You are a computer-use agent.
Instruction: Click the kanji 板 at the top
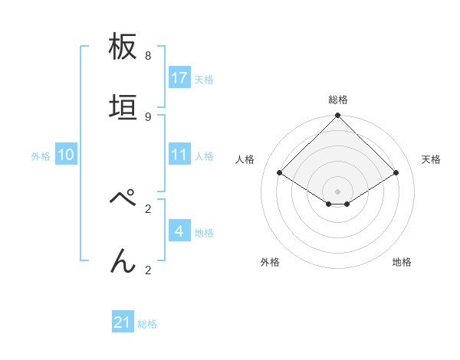[x=123, y=48]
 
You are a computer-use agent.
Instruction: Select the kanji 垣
[x=123, y=108]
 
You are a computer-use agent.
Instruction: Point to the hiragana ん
[x=123, y=261]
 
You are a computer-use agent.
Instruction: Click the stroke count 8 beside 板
[x=147, y=56]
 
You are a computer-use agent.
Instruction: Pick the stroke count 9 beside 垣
[x=147, y=116]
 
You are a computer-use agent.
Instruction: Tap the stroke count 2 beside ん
[x=147, y=270]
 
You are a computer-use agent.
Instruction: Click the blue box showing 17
[x=179, y=78]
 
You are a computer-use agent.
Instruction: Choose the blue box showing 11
[x=179, y=155]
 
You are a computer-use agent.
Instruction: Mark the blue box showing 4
[x=179, y=231]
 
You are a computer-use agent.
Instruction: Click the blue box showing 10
[x=66, y=155]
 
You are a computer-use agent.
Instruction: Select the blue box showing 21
[x=123, y=323]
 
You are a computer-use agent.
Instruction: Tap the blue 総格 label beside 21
[x=147, y=324]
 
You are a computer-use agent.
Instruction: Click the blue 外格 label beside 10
[x=41, y=155]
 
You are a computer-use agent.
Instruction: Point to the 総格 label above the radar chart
[x=338, y=100]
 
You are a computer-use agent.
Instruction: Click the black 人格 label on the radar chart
[x=245, y=159]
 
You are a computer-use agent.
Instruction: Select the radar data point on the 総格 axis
[x=338, y=116]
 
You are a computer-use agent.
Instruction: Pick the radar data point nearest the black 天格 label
[x=396, y=173]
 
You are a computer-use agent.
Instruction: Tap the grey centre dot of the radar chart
[x=338, y=191]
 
